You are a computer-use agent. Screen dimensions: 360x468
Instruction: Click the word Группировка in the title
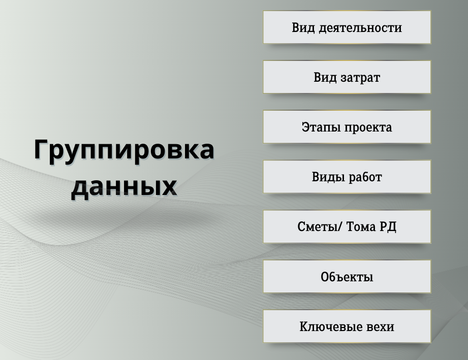124,150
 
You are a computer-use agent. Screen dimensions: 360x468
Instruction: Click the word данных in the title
124,186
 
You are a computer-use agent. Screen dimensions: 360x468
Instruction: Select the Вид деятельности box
347,27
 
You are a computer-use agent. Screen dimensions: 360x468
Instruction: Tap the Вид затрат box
347,77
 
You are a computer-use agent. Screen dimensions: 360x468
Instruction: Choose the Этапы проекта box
347,127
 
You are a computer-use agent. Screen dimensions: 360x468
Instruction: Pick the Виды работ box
347,177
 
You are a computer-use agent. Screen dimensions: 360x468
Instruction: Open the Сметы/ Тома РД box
347,226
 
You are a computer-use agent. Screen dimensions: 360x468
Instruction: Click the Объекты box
347,277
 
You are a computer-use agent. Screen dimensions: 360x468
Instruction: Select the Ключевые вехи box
347,326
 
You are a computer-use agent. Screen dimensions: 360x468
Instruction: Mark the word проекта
368,127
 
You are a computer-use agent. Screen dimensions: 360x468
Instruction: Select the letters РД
388,226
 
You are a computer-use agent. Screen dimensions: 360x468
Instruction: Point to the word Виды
326,177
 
